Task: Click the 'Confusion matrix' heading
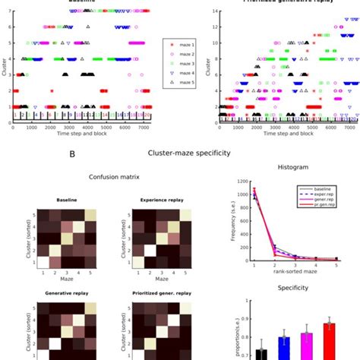pos(93,178)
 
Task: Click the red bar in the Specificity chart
pos(329,340)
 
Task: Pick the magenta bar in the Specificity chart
pos(306,344)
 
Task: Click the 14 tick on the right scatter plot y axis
pos(216,11)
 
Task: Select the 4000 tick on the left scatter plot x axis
pos(87,128)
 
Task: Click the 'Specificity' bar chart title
pos(292,289)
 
